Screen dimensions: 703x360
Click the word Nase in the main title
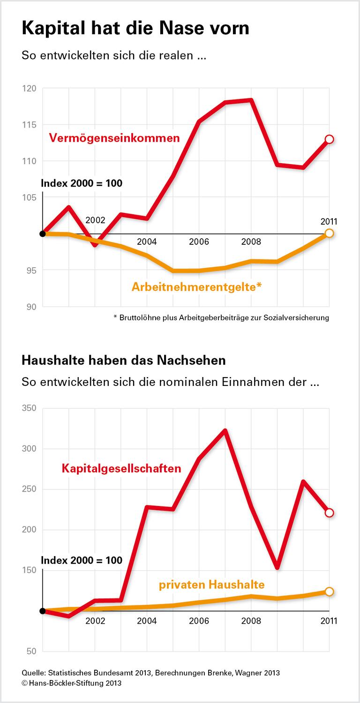184,28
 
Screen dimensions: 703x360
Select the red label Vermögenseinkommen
114,138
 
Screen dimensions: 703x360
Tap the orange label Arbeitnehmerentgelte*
196,286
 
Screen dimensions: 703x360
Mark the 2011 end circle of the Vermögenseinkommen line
329,139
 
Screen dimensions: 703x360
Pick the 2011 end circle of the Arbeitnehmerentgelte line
329,233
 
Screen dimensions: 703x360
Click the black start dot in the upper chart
43,234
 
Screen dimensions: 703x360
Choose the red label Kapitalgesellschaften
121,468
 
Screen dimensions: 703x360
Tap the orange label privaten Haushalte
211,584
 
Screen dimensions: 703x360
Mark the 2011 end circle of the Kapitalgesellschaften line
329,513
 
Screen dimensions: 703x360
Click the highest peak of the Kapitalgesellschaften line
225,431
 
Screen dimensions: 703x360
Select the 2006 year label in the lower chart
199,621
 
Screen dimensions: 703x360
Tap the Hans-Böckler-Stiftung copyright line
71,683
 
